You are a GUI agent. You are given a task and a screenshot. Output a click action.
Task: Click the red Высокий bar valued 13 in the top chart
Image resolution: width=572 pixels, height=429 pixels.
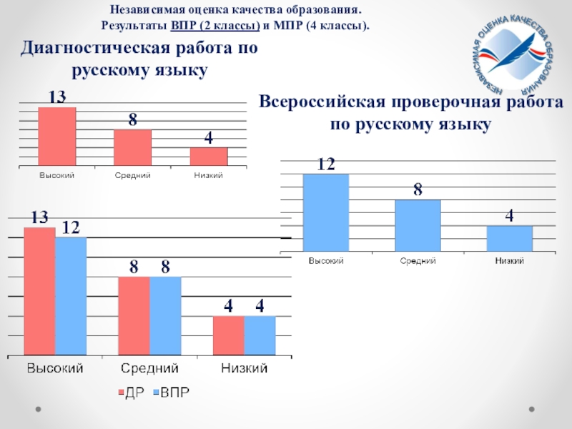click(57, 137)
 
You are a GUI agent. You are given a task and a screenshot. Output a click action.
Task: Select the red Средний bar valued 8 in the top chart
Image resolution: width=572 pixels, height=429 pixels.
click(132, 147)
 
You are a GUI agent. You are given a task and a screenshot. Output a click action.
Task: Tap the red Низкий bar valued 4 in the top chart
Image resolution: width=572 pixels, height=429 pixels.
click(209, 157)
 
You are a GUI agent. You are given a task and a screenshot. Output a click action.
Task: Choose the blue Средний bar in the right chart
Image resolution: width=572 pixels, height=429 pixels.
click(418, 225)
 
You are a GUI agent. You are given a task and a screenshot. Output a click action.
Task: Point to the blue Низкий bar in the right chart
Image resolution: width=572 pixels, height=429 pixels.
click(510, 238)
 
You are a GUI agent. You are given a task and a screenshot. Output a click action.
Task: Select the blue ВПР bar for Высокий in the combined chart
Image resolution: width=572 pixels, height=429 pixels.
click(71, 296)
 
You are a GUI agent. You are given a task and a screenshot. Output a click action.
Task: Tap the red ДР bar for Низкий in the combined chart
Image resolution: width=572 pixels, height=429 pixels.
click(228, 336)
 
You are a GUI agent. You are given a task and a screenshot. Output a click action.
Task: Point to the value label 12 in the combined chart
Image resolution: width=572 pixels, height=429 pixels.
click(70, 228)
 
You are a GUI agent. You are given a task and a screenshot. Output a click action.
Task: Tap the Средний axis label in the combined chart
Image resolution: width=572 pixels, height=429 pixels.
click(149, 369)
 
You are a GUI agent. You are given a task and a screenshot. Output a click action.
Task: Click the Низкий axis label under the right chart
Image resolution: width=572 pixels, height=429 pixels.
click(510, 261)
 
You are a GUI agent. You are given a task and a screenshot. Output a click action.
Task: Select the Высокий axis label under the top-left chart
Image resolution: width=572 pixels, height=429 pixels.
click(56, 176)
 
